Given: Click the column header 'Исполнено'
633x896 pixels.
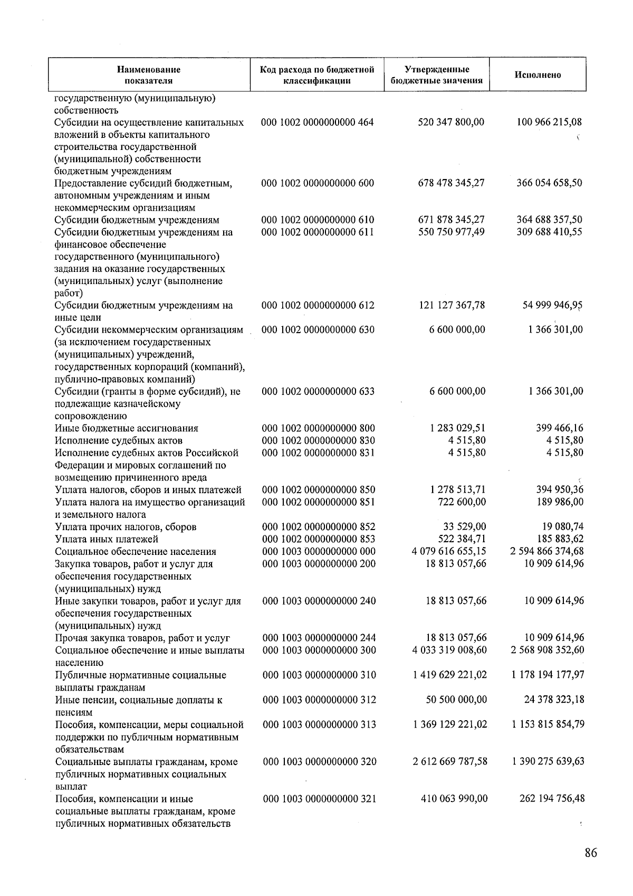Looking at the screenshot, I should (538, 75).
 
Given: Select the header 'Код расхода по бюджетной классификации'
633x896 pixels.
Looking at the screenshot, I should (317, 75).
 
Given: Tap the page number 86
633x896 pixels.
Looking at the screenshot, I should (591, 853).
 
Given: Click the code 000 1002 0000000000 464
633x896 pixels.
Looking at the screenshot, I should (318, 122).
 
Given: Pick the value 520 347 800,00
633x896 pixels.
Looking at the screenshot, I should (451, 122).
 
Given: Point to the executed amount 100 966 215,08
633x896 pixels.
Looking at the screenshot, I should (549, 122).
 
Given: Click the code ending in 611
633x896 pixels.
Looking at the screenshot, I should (318, 232).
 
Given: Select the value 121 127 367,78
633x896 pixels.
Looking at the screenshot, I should (452, 305).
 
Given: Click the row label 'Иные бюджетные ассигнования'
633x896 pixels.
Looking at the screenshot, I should (127, 428).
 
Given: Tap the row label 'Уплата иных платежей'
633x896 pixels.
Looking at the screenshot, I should (107, 539).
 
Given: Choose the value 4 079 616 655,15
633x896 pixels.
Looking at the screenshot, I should (449, 552).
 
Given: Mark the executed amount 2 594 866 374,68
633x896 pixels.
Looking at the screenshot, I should (547, 552).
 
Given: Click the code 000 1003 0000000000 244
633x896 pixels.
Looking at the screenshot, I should (319, 638).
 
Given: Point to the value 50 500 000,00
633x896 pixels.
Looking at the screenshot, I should (456, 700).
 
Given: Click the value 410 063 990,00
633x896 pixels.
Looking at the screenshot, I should (454, 799).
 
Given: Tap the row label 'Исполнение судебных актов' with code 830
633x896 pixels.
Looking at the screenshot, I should (119, 440).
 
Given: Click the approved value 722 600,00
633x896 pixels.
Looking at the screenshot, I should (462, 502).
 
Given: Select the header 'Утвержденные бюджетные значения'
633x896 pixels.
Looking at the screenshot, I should (437, 75).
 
